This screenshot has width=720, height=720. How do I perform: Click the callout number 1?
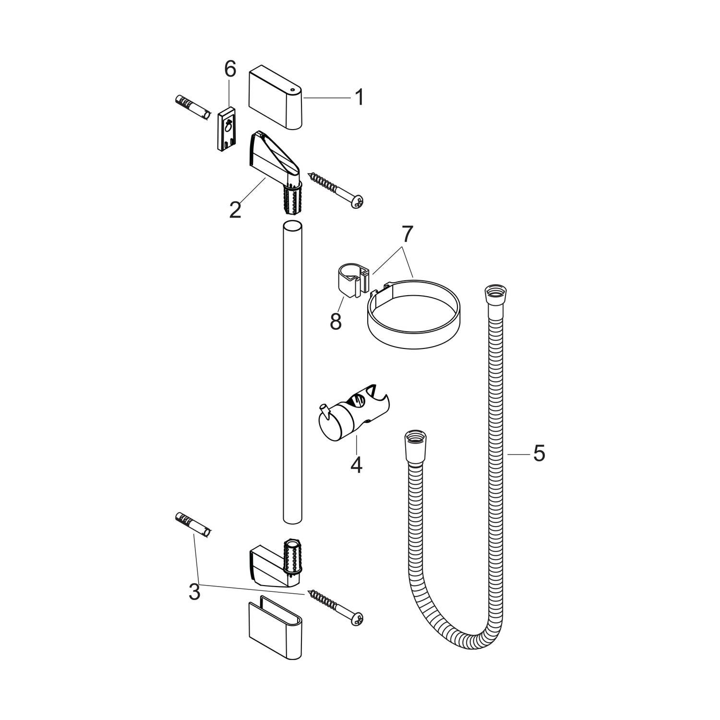click(x=359, y=97)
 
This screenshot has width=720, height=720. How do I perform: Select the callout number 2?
click(x=235, y=209)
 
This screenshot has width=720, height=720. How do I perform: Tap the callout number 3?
click(x=194, y=592)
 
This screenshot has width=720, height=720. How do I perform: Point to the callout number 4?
click(x=356, y=465)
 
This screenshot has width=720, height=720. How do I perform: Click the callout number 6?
click(x=230, y=70)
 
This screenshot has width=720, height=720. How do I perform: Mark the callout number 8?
click(x=336, y=321)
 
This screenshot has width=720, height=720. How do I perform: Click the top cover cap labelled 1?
click(x=276, y=98)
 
